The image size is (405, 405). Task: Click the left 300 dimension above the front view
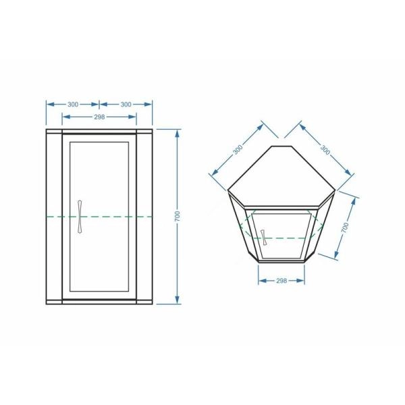pyautogui.click(x=73, y=105)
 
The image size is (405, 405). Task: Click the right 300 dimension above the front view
pyautogui.click(x=126, y=105)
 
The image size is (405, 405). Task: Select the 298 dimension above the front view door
pyautogui.click(x=99, y=117)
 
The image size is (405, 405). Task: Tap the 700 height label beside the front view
pyautogui.click(x=177, y=216)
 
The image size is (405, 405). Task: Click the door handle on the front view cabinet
pyautogui.click(x=80, y=217)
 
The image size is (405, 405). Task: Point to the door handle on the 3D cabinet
pyautogui.click(x=264, y=237)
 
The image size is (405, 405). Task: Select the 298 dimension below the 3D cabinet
pyautogui.click(x=281, y=281)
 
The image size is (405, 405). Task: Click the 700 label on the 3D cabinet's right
pyautogui.click(x=345, y=227)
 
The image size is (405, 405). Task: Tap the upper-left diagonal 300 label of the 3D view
pyautogui.click(x=238, y=150)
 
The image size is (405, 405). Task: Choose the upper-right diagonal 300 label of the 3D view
pyautogui.click(x=325, y=150)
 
